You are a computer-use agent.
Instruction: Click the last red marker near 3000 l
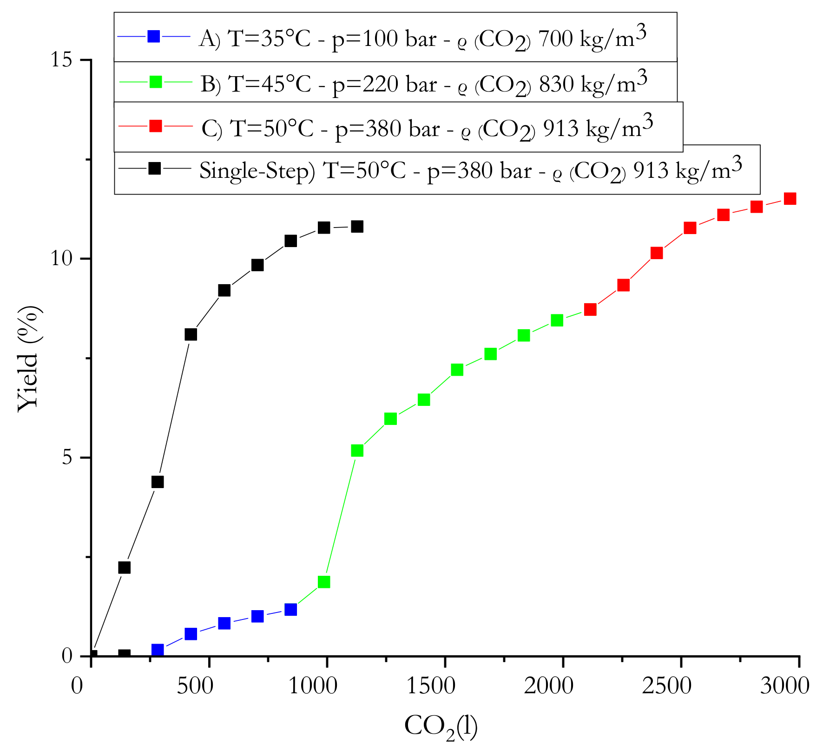(x=790, y=199)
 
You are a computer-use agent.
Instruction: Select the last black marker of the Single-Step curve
(x=357, y=227)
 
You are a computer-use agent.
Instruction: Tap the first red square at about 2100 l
(x=590, y=309)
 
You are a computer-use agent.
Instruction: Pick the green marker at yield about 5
(x=357, y=450)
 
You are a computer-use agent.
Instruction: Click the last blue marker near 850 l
(x=290, y=609)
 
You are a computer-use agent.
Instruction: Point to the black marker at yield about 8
(x=191, y=334)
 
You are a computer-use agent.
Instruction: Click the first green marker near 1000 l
(x=324, y=582)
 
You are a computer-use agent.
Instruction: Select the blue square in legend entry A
(x=154, y=36)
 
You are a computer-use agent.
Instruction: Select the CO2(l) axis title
(x=441, y=726)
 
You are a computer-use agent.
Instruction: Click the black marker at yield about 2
(x=124, y=567)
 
